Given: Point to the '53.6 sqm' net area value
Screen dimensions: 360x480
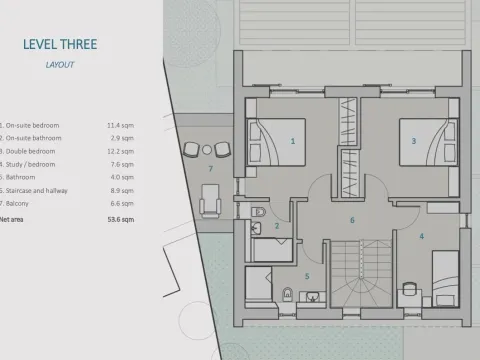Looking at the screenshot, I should click(119, 217).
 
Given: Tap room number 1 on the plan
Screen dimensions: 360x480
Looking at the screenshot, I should click(293, 142).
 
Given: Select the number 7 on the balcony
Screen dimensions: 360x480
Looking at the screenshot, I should click(209, 169).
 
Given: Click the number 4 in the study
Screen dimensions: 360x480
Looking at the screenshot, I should click(421, 236).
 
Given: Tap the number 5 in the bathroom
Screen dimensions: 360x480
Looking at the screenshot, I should click(306, 275).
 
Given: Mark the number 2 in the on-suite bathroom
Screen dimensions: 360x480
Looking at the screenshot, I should click(277, 226).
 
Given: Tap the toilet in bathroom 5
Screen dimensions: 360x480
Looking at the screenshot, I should click(288, 294).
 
